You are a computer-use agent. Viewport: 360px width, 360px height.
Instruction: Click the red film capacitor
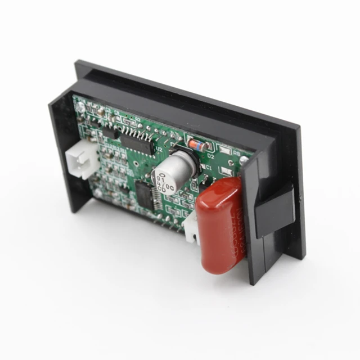click(220, 225)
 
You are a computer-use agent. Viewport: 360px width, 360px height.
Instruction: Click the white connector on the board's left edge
click(79, 160)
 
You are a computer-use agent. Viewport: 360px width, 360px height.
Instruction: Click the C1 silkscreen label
click(208, 168)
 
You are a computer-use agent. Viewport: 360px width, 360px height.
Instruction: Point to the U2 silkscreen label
click(159, 150)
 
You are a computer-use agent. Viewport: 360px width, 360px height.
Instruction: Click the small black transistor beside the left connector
click(110, 133)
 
